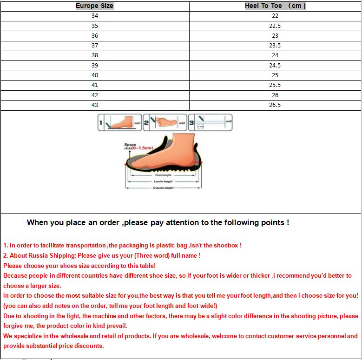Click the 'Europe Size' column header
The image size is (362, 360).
click(x=95, y=6)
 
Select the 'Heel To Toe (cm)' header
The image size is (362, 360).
click(x=275, y=6)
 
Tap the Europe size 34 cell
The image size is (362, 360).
click(x=95, y=16)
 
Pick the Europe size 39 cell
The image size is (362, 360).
click(x=95, y=66)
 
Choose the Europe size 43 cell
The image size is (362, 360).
click(x=95, y=105)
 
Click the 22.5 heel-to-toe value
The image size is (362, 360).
click(x=275, y=26)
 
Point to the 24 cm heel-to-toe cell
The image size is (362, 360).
click(x=275, y=55)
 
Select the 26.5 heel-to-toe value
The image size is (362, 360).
click(x=275, y=105)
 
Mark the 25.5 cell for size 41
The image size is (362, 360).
click(x=275, y=85)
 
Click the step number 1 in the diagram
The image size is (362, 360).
click(x=100, y=123)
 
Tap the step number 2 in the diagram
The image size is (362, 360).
click(x=146, y=123)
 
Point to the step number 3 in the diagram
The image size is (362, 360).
click(x=191, y=123)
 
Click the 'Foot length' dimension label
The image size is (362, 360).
click(x=163, y=175)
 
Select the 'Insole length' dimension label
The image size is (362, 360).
click(x=163, y=181)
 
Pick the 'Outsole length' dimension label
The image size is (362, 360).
click(x=163, y=188)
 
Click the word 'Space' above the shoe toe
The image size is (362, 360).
click(x=130, y=145)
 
